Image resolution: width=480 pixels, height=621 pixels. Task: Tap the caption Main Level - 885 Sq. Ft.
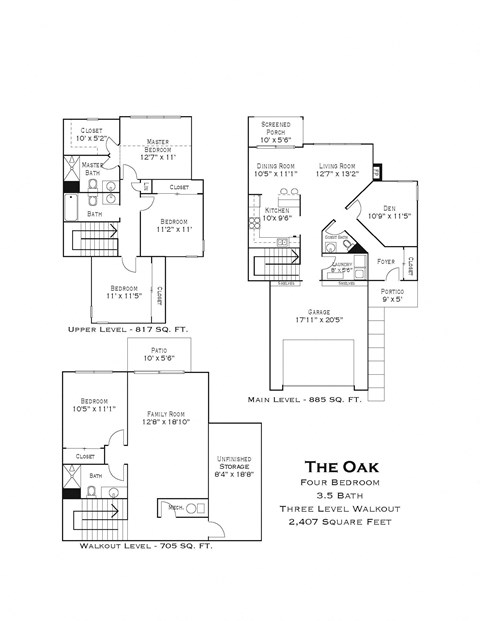click(x=305, y=399)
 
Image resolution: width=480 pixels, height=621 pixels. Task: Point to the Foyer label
click(x=385, y=262)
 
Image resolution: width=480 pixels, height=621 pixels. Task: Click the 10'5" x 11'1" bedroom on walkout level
click(x=95, y=404)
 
